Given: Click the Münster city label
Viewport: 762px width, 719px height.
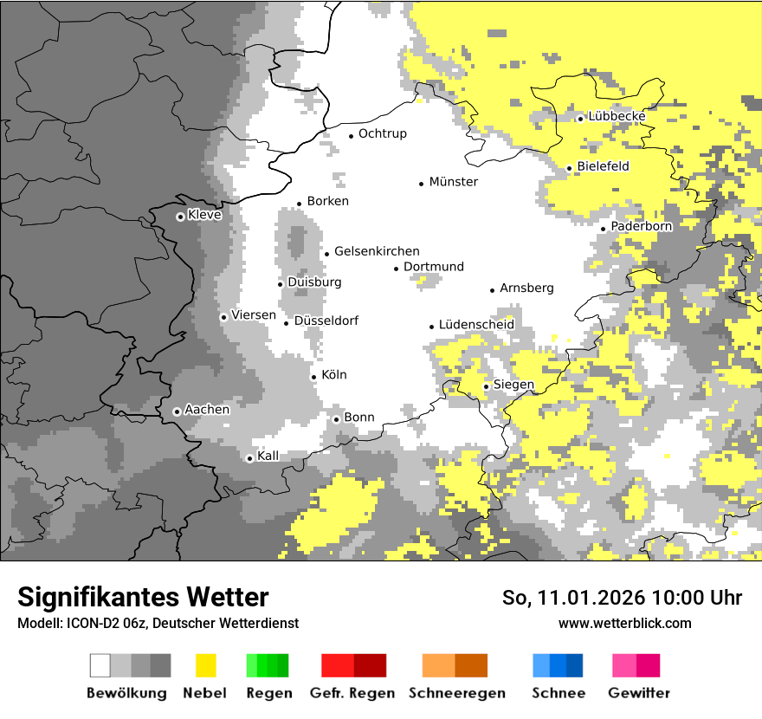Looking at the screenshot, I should pyautogui.click(x=453, y=182).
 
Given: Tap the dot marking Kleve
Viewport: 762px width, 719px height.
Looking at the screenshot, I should pyautogui.click(x=180, y=217).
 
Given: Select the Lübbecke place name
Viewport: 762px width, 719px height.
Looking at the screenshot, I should pyautogui.click(x=617, y=116).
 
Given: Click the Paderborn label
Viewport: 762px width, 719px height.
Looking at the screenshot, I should pyautogui.click(x=642, y=226).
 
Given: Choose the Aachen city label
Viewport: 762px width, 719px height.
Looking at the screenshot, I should pyautogui.click(x=207, y=410).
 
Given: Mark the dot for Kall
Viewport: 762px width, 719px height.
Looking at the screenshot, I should pyautogui.click(x=249, y=458).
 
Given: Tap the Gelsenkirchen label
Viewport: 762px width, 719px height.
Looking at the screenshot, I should pyautogui.click(x=377, y=251).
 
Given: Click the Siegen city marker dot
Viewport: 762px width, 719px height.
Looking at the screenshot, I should pyautogui.click(x=487, y=387).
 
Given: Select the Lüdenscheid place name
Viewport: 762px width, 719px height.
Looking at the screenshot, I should pyautogui.click(x=476, y=325).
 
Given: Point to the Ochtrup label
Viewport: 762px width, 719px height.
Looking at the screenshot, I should pyautogui.click(x=382, y=133).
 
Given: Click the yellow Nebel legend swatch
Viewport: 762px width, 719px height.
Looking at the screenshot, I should pyautogui.click(x=205, y=665).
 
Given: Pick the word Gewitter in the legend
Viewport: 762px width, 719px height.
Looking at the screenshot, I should pyautogui.click(x=638, y=693).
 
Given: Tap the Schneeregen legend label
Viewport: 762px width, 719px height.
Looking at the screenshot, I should pyautogui.click(x=455, y=693).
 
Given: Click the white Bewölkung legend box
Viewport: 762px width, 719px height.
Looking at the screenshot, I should pyautogui.click(x=100, y=665).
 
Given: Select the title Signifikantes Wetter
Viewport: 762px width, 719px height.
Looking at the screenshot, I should pyautogui.click(x=143, y=597).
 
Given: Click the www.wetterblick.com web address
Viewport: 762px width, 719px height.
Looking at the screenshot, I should pyautogui.click(x=624, y=623).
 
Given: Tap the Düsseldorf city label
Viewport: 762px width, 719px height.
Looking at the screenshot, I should pyautogui.click(x=326, y=321).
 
